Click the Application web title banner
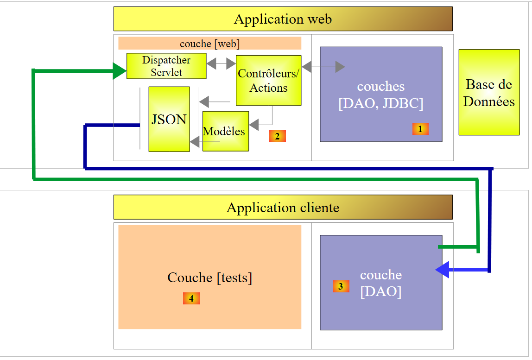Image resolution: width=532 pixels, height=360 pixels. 283,19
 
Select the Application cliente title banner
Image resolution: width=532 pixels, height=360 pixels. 283,207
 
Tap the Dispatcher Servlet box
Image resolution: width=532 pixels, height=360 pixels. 166,66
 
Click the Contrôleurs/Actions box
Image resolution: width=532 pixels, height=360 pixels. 269,81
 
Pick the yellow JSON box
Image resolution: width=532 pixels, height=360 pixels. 169,119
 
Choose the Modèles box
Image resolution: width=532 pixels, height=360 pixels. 225,131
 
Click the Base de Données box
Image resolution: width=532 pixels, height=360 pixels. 489,92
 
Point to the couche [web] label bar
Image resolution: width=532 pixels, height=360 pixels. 209,43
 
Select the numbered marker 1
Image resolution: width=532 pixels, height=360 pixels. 420,129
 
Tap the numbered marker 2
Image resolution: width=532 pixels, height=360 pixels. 277,136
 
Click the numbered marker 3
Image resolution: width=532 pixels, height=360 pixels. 341,286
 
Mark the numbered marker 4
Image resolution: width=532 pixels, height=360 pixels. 191,298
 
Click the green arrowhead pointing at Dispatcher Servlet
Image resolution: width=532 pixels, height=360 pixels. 120,71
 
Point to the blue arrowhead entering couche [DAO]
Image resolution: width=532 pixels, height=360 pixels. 442,269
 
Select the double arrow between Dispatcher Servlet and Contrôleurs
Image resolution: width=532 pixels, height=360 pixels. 221,64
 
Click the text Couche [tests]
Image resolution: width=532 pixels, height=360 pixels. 209,278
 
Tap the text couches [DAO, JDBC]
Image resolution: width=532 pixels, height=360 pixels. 381,95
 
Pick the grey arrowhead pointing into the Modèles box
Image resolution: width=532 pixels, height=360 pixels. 253,124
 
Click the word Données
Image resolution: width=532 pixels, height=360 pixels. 489,101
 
